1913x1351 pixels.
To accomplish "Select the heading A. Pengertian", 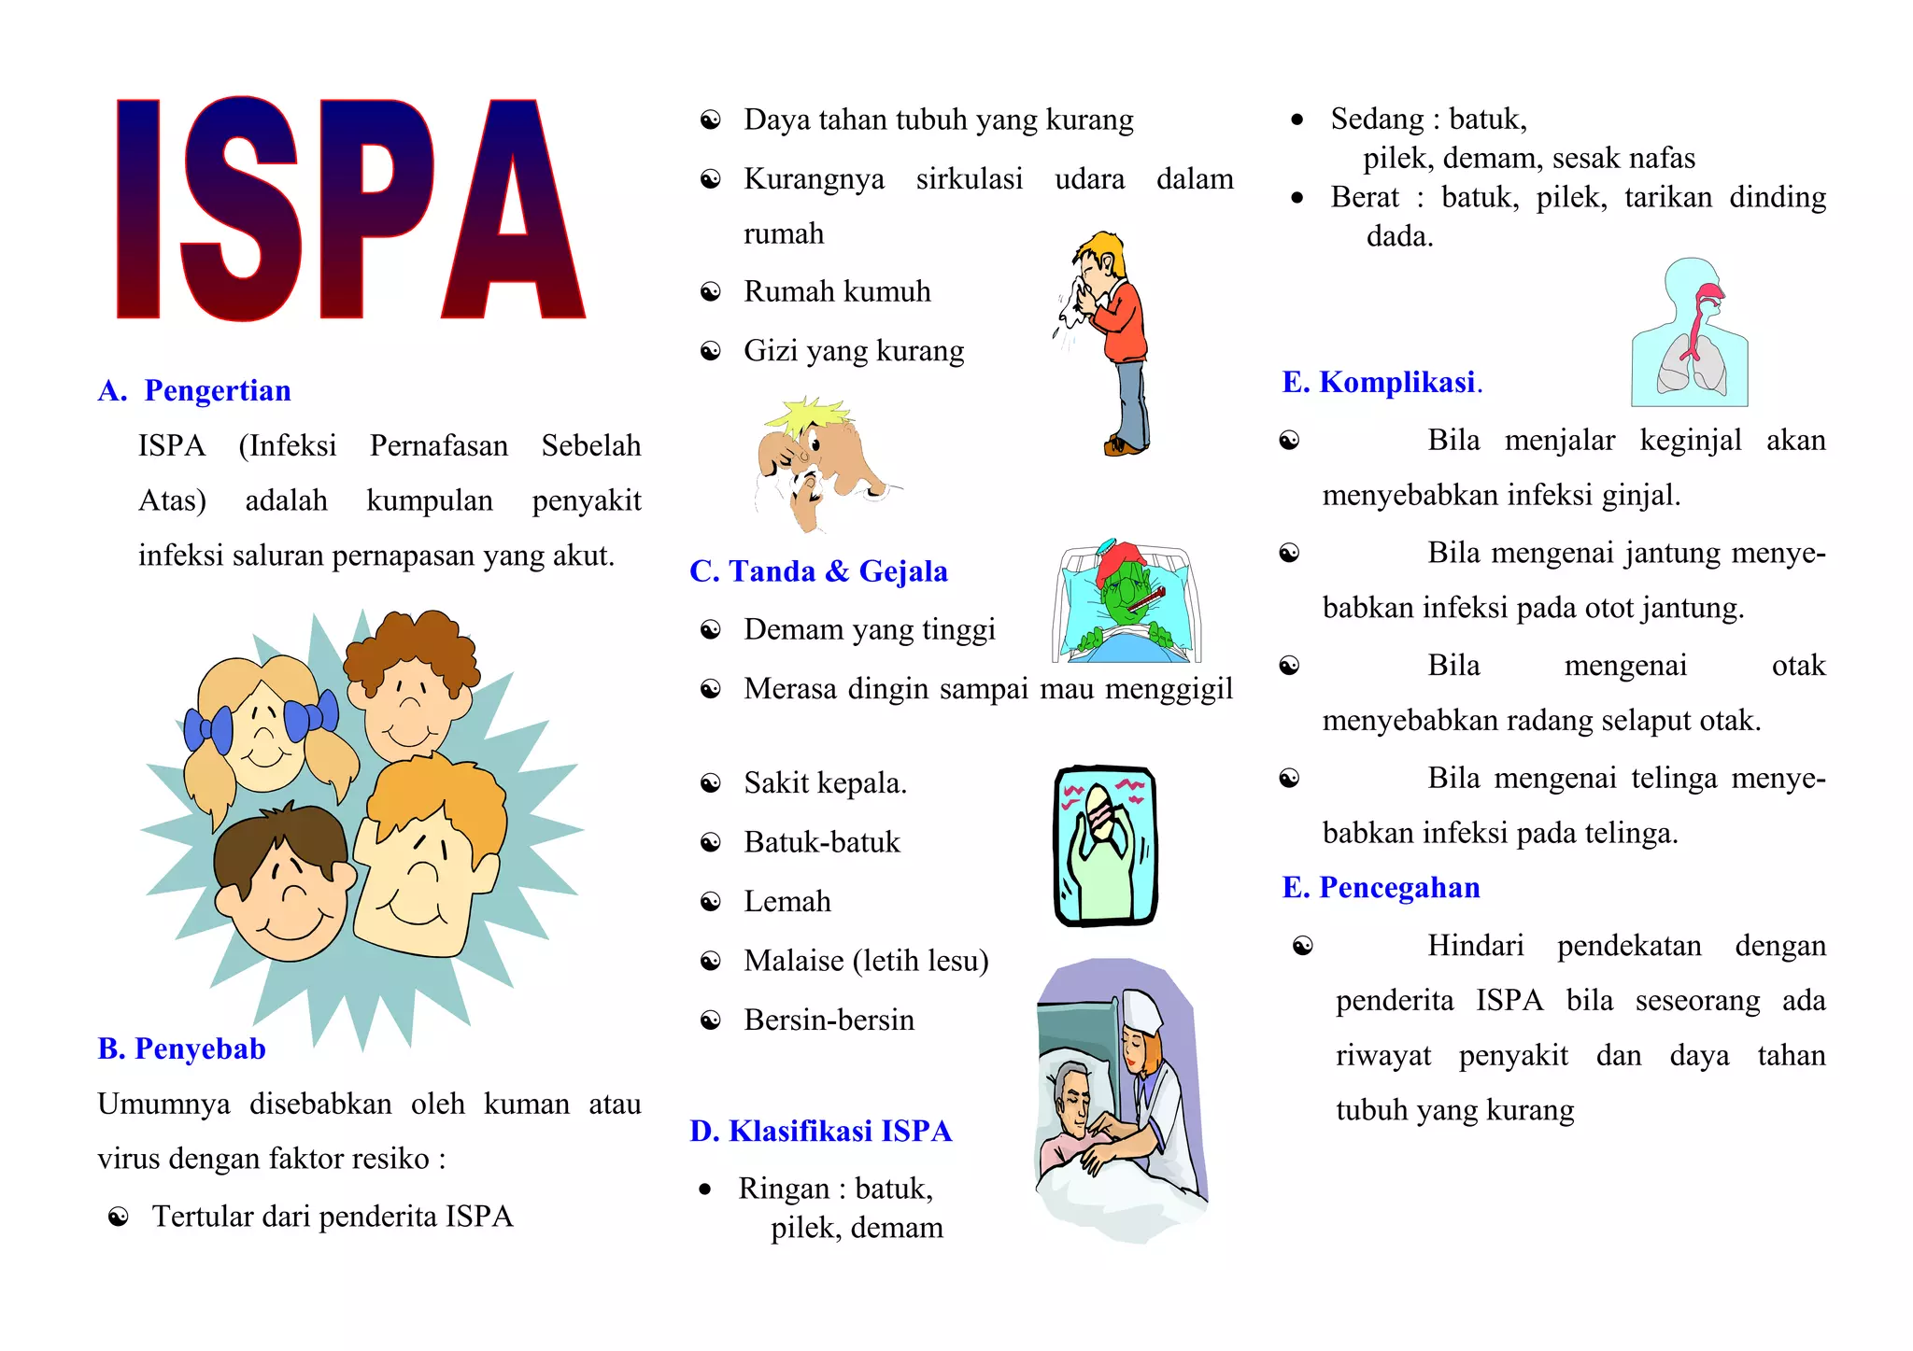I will click(x=195, y=390).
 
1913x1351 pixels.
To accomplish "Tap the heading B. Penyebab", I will click(x=182, y=1048).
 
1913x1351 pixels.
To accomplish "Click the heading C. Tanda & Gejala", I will click(x=818, y=570).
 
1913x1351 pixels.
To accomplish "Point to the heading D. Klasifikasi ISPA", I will click(x=820, y=1131).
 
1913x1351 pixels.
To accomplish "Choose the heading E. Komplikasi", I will click(x=1381, y=382).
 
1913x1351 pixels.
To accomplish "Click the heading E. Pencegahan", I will click(x=1381, y=887).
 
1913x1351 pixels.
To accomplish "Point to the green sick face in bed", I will click(x=1129, y=598).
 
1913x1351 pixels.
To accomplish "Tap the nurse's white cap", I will click(x=1143, y=1009).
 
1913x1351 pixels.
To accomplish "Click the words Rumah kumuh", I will click(x=837, y=291).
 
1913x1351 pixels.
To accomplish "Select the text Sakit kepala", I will click(x=825, y=782).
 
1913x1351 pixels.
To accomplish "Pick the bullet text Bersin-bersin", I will click(x=829, y=1020).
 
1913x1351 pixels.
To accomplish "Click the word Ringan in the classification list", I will click(x=783, y=1189).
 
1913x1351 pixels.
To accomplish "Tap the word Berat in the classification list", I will click(x=1364, y=197).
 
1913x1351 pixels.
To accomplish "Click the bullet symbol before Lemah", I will click(x=711, y=902).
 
